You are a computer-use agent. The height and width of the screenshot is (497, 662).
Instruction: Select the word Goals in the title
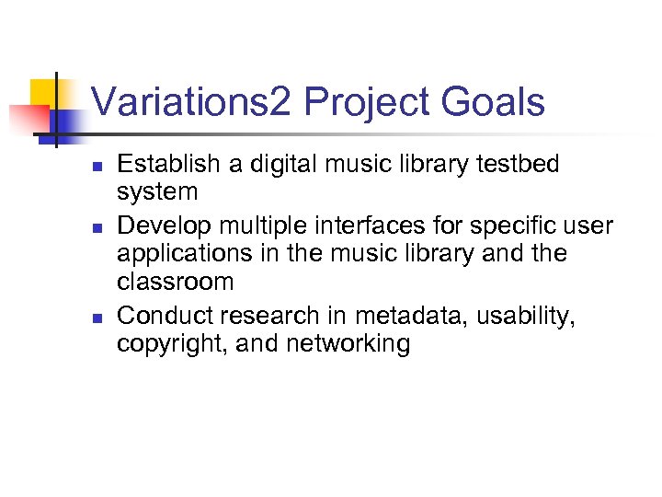493,102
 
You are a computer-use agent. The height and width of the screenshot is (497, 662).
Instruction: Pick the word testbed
517,165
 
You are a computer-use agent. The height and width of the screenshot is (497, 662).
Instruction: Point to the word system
157,192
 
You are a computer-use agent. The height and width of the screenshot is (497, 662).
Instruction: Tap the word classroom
176,282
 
